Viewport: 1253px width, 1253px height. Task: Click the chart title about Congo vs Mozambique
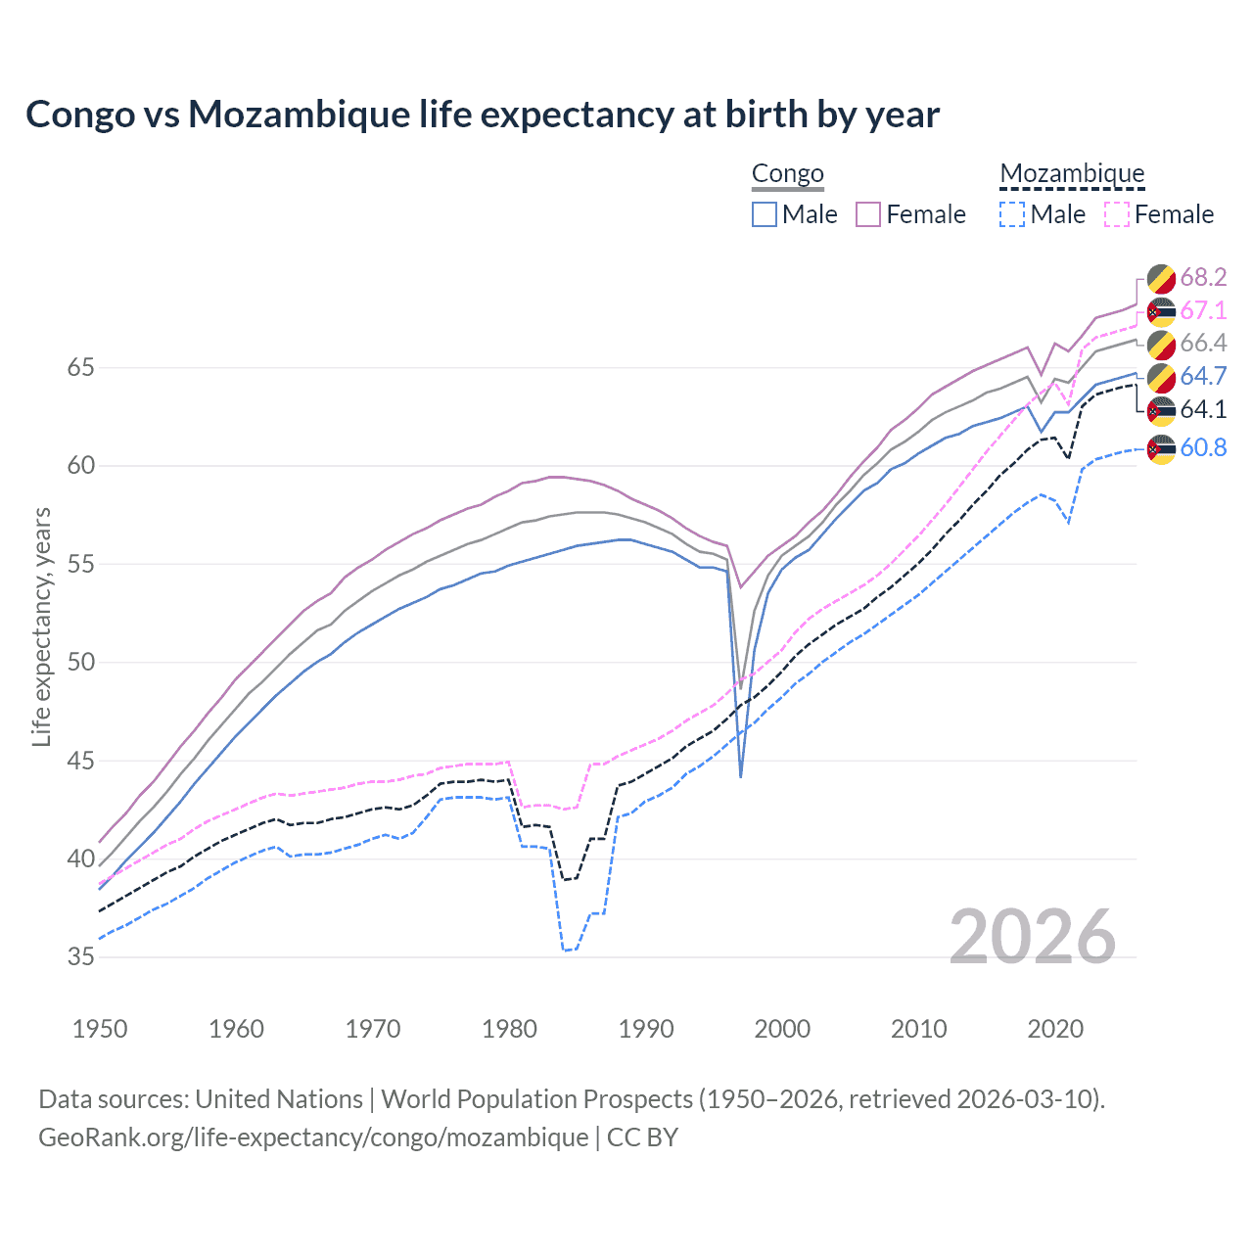click(x=483, y=115)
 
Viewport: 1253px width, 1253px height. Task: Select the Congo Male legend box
click(x=765, y=214)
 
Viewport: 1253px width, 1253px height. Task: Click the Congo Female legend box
click(x=868, y=214)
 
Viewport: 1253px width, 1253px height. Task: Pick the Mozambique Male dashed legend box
click(x=1012, y=214)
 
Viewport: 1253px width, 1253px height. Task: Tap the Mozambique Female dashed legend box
click(x=1117, y=214)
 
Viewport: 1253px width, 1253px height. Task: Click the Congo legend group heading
click(x=787, y=174)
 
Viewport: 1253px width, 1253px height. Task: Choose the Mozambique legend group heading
click(x=1072, y=174)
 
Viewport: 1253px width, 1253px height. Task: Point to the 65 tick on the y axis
click(x=81, y=368)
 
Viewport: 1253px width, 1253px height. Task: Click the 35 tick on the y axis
click(x=81, y=956)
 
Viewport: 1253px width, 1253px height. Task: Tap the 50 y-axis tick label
click(x=81, y=663)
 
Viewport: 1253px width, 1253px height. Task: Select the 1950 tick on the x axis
click(x=100, y=1029)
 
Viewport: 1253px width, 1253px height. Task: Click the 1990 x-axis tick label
click(x=646, y=1029)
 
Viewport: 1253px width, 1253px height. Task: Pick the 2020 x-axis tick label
click(x=1055, y=1029)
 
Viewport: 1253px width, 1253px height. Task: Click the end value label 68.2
click(x=1203, y=278)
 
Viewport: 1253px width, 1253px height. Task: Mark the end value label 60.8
click(x=1203, y=448)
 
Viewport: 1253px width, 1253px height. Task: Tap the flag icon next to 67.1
click(x=1161, y=311)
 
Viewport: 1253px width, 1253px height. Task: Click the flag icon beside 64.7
click(x=1161, y=377)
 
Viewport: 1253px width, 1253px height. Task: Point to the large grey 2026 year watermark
click(x=1033, y=937)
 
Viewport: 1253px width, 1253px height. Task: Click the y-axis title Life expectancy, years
click(x=41, y=626)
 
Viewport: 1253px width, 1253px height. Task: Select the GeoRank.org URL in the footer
click(x=313, y=1137)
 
